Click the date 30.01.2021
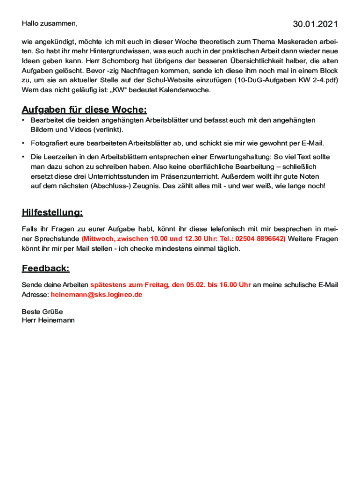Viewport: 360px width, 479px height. (x=315, y=24)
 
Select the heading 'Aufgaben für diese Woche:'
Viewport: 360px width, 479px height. (x=84, y=110)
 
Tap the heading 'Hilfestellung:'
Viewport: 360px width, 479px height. (x=52, y=213)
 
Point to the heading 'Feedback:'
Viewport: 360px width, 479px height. (x=45, y=269)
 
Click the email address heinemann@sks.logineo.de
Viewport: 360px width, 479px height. (x=96, y=295)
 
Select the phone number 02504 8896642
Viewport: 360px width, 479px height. (x=260, y=239)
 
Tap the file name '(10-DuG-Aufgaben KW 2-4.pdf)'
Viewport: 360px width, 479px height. (x=286, y=80)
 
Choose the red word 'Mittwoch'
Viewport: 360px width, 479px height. (x=97, y=239)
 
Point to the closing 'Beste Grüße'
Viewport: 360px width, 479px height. (x=42, y=312)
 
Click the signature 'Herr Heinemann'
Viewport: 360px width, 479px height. (x=48, y=320)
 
